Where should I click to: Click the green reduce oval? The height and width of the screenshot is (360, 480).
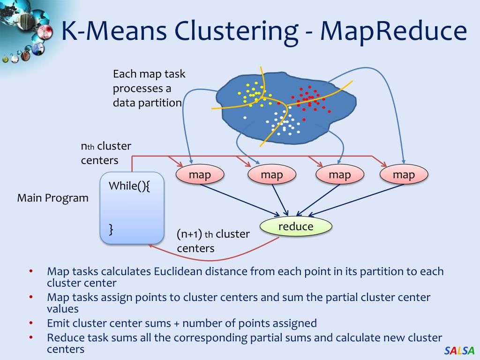(x=296, y=227)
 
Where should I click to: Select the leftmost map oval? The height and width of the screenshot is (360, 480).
(x=200, y=175)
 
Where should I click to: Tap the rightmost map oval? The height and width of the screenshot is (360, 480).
(x=404, y=175)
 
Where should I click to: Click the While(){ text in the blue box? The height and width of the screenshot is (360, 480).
(x=129, y=185)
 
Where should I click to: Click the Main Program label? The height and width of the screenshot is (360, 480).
(x=53, y=198)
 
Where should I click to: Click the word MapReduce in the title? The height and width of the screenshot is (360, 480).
(x=393, y=31)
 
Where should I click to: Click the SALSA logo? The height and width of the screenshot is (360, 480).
(x=459, y=351)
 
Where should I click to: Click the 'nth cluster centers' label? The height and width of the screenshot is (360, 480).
(x=106, y=153)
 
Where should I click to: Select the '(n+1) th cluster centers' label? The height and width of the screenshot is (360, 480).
(x=213, y=241)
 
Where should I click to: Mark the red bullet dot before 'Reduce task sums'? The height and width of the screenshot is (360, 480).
(x=31, y=337)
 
